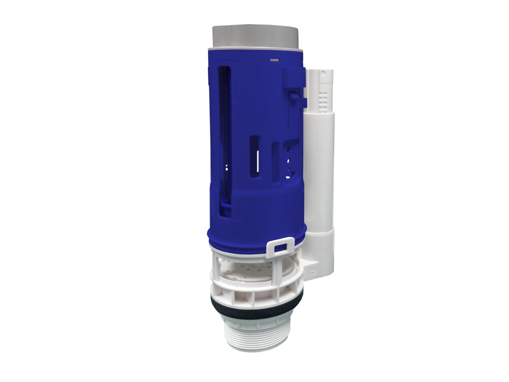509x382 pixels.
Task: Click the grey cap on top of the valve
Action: [x=257, y=37]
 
